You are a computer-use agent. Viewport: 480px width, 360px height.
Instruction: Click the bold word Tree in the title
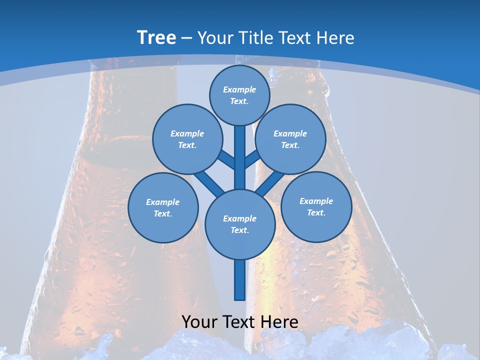pyautogui.click(x=156, y=38)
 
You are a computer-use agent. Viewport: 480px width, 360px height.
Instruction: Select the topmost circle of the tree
pyautogui.click(x=239, y=95)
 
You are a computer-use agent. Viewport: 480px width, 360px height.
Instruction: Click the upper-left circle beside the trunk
pyautogui.click(x=187, y=139)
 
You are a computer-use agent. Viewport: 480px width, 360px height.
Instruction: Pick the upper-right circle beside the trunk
pyautogui.click(x=290, y=139)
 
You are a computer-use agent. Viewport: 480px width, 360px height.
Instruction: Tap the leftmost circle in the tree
pyautogui.click(x=163, y=207)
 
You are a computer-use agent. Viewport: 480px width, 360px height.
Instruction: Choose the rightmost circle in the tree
pyautogui.click(x=316, y=206)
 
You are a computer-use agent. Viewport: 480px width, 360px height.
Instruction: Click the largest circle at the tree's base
pyautogui.click(x=240, y=224)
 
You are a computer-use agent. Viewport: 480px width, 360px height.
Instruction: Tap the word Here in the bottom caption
pyautogui.click(x=280, y=322)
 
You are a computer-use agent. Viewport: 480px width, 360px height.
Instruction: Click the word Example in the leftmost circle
pyautogui.click(x=162, y=202)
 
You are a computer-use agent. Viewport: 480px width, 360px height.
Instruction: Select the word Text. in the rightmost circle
pyautogui.click(x=316, y=212)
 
